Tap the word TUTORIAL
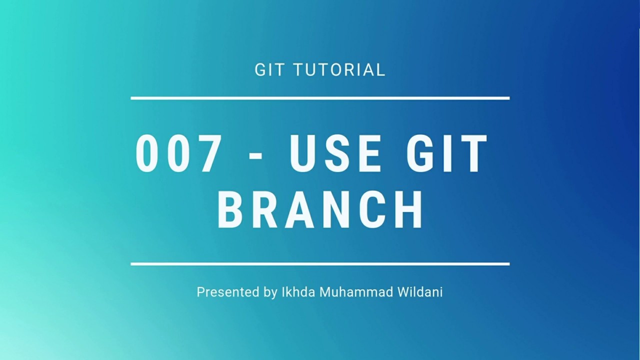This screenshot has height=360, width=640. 339,69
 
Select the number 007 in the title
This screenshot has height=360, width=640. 178,154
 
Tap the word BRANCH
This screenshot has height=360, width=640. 320,210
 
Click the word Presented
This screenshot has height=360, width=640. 227,292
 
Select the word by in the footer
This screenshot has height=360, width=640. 270,292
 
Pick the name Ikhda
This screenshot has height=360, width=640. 298,292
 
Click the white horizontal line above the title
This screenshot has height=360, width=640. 320,98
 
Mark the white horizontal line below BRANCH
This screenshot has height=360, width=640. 320,263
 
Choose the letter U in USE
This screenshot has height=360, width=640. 302,154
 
